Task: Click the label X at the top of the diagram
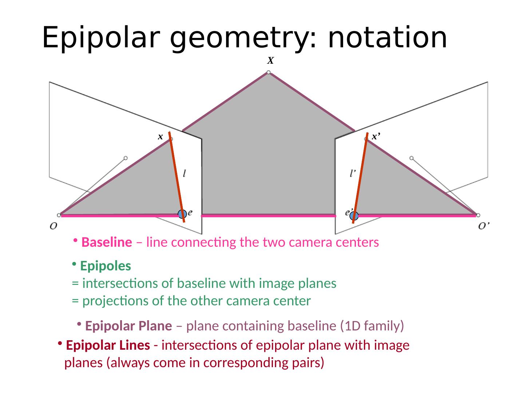[270, 60]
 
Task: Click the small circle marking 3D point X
[269, 72]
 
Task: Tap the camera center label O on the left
[53, 226]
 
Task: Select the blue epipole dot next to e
[182, 214]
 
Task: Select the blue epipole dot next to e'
[354, 216]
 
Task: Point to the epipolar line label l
[186, 174]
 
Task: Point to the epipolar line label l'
[353, 174]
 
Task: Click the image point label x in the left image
[160, 137]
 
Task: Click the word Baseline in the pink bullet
[107, 242]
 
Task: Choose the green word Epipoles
[106, 266]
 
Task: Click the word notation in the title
[387, 37]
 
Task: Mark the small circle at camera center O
[59, 215]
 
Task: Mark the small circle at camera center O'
[478, 215]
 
